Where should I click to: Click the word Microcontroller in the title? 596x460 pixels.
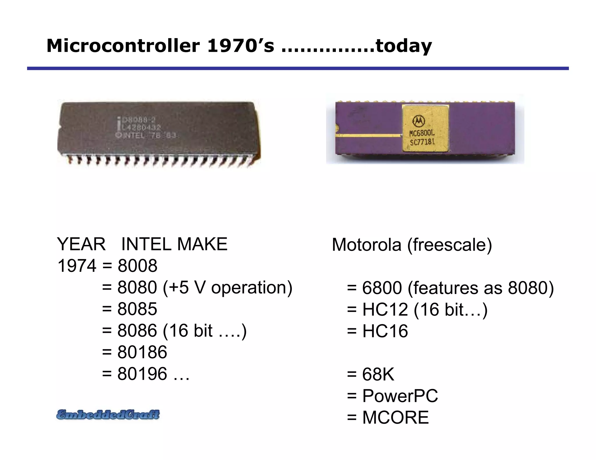[123, 46]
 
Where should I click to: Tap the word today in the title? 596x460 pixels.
[404, 46]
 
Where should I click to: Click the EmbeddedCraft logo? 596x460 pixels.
[108, 414]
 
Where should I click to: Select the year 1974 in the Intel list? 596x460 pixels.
[77, 266]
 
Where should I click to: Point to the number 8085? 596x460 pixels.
[137, 309]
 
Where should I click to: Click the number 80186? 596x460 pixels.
[142, 352]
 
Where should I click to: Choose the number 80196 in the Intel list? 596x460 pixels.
[142, 374]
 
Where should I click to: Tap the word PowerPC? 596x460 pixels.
[400, 396]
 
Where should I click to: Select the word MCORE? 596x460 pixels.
[395, 418]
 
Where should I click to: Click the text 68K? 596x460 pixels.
[378, 374]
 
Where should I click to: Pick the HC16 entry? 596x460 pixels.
[385, 331]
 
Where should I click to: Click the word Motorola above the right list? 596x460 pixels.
[366, 245]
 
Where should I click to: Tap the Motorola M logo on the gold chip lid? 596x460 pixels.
[418, 121]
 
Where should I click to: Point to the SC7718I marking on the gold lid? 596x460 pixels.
[422, 142]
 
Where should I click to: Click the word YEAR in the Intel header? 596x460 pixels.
[81, 244]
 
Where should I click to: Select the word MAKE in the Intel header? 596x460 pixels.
[202, 244]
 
